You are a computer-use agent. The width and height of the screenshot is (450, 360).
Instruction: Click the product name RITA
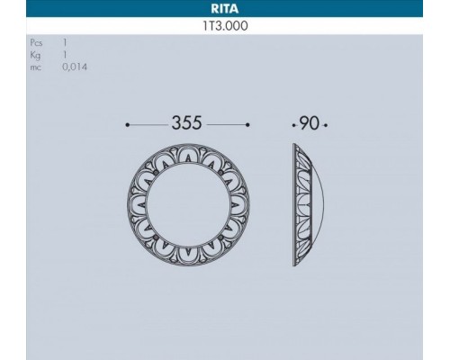[225, 9]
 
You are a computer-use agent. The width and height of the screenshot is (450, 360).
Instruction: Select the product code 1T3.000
[225, 27]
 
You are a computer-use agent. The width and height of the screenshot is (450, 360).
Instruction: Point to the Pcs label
[35, 43]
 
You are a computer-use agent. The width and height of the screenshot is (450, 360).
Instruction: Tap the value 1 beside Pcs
[65, 43]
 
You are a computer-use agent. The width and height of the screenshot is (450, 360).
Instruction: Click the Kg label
[34, 56]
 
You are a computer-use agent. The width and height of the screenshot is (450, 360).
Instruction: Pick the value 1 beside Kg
[65, 56]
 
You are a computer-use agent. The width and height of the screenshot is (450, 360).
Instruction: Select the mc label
[34, 67]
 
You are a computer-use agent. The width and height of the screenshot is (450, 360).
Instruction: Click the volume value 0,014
[75, 67]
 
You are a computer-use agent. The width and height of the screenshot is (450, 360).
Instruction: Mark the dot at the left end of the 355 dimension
[127, 124]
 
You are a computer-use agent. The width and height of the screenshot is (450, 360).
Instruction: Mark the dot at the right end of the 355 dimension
[251, 124]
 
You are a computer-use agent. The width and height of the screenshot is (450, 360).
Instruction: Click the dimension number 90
[309, 124]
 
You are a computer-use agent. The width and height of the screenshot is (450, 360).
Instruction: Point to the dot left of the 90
[294, 124]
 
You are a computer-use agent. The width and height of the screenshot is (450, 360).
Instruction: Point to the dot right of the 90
[324, 124]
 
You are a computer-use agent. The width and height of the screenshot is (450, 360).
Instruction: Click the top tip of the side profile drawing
[299, 143]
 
